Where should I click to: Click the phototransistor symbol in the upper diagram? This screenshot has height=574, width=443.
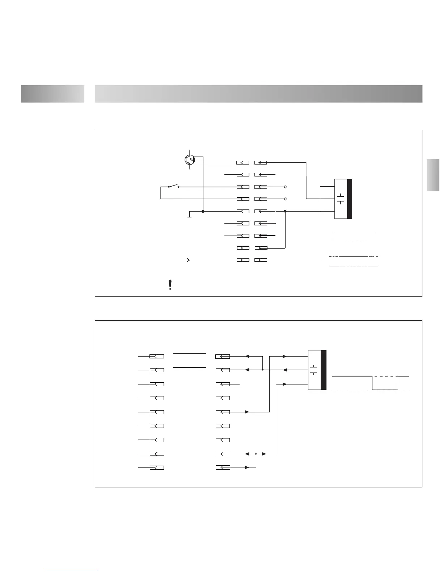(x=189, y=160)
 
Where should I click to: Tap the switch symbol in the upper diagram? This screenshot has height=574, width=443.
(x=173, y=187)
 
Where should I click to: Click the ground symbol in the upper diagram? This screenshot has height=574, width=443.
(x=189, y=215)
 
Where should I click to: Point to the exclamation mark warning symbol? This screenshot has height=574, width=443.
(x=170, y=285)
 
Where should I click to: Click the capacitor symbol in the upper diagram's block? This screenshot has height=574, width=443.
(x=341, y=199)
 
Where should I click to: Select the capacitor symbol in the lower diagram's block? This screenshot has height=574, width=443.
(x=314, y=370)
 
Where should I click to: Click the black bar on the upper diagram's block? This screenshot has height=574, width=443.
(x=349, y=199)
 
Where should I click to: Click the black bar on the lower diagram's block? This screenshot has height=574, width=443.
(x=324, y=370)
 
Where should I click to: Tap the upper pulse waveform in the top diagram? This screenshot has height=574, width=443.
(x=353, y=237)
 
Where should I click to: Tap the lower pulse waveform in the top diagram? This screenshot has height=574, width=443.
(x=353, y=261)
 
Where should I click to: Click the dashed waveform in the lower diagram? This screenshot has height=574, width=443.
(x=371, y=383)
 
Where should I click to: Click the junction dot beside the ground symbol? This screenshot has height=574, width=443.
(x=203, y=211)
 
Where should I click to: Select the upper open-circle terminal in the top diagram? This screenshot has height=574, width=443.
(x=285, y=187)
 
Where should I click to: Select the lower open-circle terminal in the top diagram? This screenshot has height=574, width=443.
(x=285, y=199)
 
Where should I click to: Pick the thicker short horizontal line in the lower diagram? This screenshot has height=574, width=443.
(x=190, y=367)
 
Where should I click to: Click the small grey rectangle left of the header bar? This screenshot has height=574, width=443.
(x=52, y=94)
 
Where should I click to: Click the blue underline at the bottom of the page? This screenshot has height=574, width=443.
(x=72, y=571)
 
